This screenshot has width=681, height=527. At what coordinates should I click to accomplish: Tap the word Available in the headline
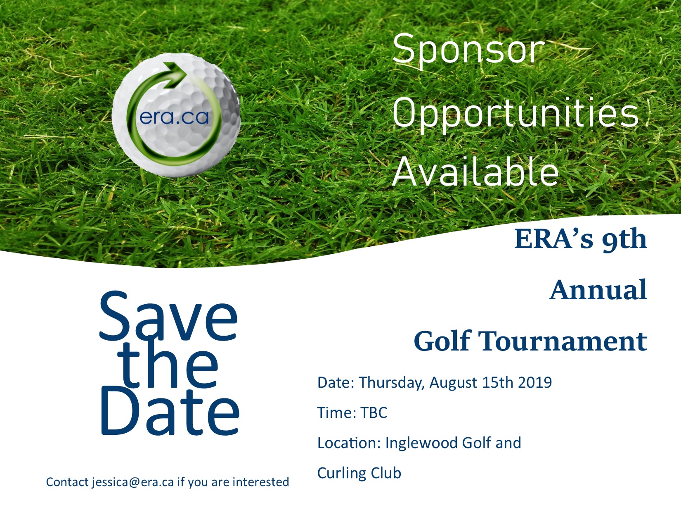point(475,171)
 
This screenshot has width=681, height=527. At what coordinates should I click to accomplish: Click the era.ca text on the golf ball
point(174,118)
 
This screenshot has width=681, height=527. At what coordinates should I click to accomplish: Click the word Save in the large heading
point(169,316)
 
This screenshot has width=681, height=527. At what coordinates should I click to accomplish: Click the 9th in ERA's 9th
point(624,240)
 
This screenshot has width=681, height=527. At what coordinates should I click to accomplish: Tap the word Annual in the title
point(598,290)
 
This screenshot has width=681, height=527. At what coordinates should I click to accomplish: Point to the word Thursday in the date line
point(391,383)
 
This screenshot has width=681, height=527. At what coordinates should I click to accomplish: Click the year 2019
point(534,382)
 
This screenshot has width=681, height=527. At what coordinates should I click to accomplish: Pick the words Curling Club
point(359,473)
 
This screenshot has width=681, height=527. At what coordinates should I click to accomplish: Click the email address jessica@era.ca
point(133,482)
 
